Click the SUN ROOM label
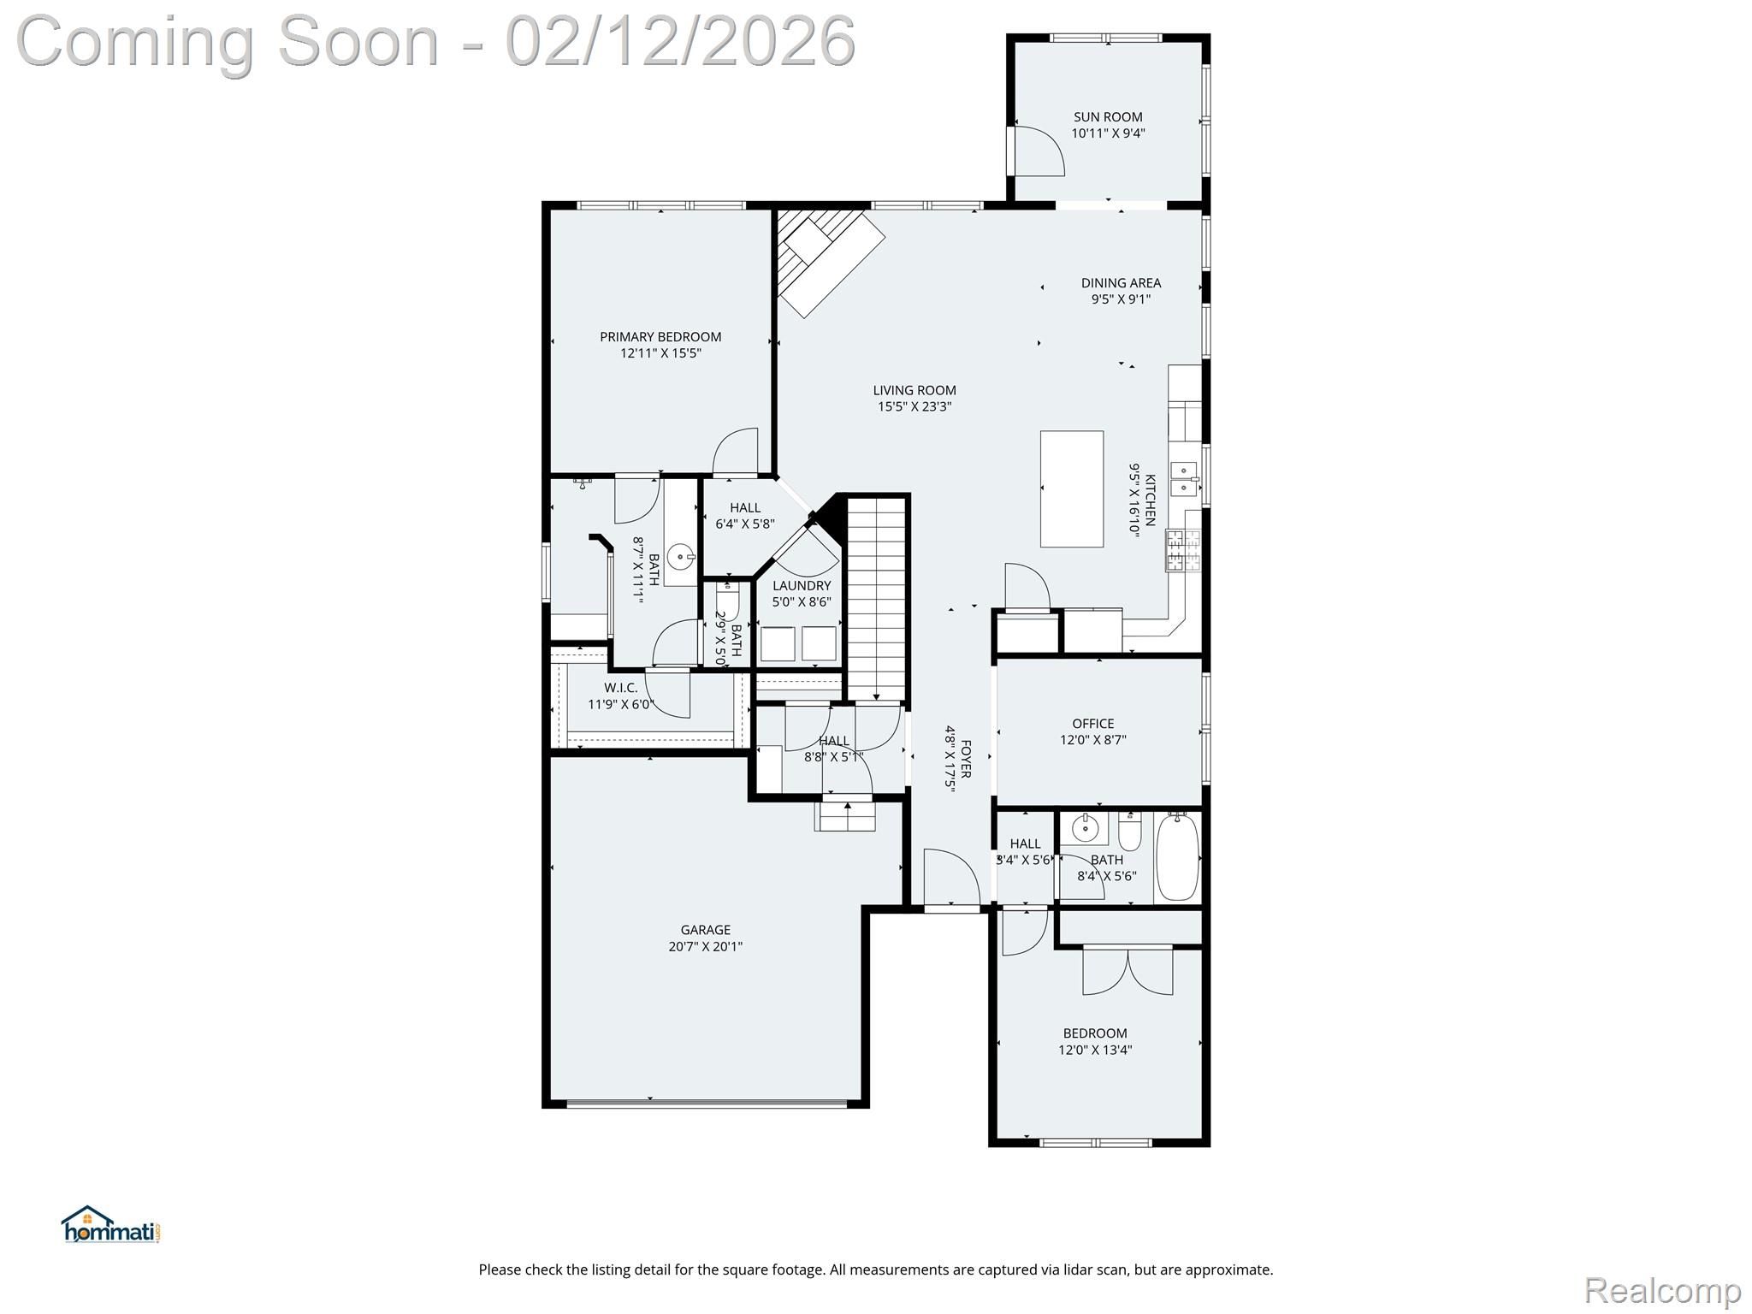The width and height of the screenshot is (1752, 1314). [1108, 117]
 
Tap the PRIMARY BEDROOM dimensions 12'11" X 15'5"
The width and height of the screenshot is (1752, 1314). [660, 353]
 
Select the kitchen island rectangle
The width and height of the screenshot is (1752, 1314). [1071, 488]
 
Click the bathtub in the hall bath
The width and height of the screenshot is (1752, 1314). [1178, 857]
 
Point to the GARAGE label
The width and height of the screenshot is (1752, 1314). [706, 930]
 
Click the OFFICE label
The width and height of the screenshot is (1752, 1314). [1093, 724]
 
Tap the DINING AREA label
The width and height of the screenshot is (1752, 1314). [1121, 283]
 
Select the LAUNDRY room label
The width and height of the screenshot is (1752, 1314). [802, 586]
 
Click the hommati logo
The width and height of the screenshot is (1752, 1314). [111, 1224]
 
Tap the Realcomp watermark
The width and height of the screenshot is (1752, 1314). [1662, 1288]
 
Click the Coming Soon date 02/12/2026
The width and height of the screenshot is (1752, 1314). [680, 40]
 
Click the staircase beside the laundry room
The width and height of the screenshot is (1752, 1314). [876, 599]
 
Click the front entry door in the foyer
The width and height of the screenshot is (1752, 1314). [951, 878]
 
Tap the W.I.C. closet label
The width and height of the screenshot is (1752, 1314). [621, 688]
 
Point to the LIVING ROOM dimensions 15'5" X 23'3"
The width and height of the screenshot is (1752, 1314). [914, 407]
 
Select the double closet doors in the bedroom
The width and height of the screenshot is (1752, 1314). [1128, 970]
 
